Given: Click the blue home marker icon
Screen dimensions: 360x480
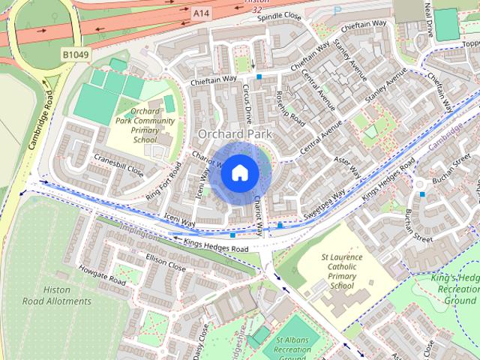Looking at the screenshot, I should point(239,172).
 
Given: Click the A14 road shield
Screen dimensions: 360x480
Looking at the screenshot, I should point(200,12).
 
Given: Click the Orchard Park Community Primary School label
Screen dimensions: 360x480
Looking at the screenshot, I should point(145,124).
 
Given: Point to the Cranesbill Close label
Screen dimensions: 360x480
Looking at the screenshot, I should point(118,164).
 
